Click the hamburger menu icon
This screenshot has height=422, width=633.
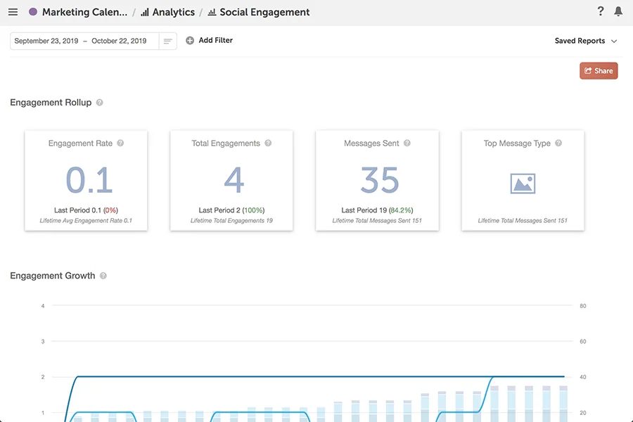click(x=13, y=12)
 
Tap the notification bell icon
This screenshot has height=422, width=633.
click(x=618, y=11)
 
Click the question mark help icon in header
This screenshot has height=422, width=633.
click(x=601, y=11)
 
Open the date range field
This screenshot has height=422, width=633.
click(x=84, y=41)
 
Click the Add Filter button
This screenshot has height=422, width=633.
click(x=209, y=41)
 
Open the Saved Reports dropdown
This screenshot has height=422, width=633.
click(x=585, y=41)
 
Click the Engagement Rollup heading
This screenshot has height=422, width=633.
click(x=51, y=103)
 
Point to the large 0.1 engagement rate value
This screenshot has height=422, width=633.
click(x=89, y=180)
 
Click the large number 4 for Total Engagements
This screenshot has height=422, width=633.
click(x=234, y=180)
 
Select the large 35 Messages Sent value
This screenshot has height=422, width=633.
click(x=379, y=180)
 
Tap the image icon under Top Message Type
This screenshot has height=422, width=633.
click(x=523, y=184)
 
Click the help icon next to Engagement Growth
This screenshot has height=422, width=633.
click(x=103, y=276)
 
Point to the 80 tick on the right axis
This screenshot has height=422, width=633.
click(x=583, y=306)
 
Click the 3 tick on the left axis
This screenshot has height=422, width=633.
click(x=43, y=342)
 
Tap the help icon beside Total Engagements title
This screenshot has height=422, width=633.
click(x=268, y=143)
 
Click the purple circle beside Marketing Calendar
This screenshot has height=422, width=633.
click(x=33, y=12)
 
